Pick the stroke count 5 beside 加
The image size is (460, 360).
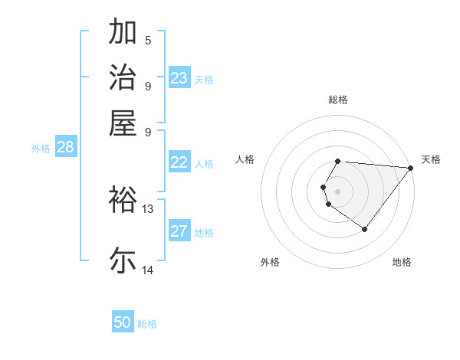point(148,40)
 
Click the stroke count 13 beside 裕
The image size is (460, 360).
point(148,208)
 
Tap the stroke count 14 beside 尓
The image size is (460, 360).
point(148,269)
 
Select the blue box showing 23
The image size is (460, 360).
point(179,78)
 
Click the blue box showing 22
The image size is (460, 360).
point(179,162)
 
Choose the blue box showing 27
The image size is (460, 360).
point(179,231)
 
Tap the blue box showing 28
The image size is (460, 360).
point(65,147)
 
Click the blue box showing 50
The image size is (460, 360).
point(123,322)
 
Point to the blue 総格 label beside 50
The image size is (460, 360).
point(147,324)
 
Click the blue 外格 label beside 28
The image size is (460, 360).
point(41,149)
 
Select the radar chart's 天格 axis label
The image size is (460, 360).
point(431,159)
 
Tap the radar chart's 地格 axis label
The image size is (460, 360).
point(402,262)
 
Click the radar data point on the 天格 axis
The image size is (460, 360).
point(410,168)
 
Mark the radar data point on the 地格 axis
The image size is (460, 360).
point(364,229)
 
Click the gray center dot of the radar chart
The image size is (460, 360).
point(337,191)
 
